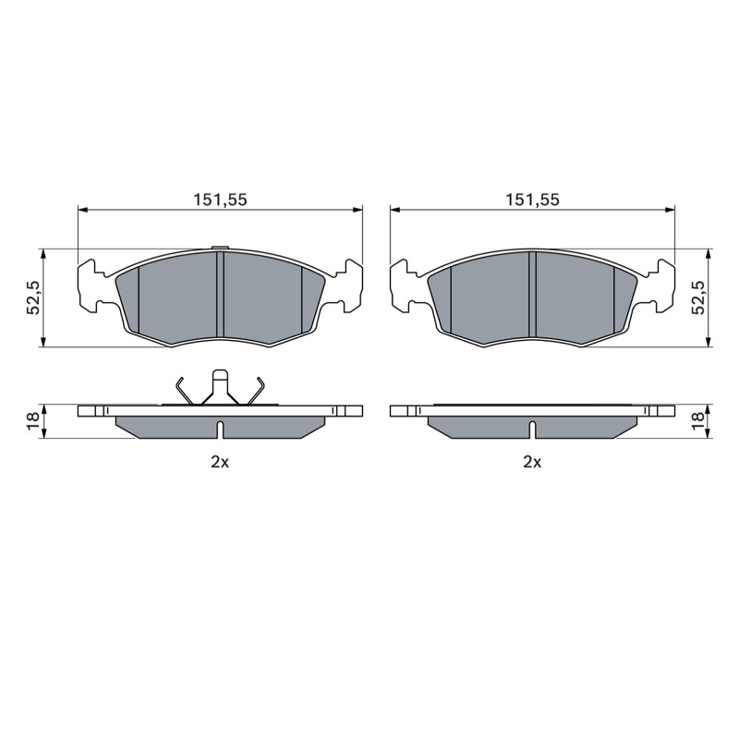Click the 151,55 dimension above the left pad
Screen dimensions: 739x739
[x=220, y=200]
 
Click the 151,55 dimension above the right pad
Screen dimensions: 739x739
[x=532, y=200]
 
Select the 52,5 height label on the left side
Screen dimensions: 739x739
[x=32, y=297]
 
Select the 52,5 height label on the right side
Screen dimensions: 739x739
[x=698, y=297]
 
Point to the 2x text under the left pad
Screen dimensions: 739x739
[x=220, y=463]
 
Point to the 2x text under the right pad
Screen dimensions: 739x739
[x=532, y=463]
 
